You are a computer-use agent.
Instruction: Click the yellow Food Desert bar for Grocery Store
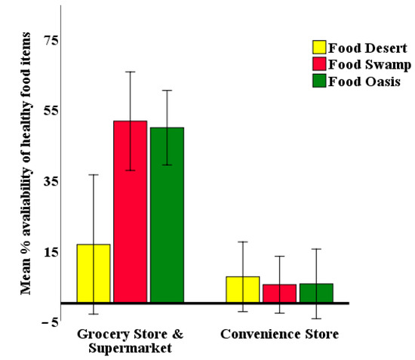94,273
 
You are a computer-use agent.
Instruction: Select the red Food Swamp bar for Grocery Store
130,212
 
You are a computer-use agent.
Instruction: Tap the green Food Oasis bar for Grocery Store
167,215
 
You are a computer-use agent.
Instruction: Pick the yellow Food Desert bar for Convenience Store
242,290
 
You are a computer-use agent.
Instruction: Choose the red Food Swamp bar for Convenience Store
279,294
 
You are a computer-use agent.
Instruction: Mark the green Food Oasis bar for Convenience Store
315,293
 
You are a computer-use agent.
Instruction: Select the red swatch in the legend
319,64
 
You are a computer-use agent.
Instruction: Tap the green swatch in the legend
319,82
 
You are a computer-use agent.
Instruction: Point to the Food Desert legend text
367,48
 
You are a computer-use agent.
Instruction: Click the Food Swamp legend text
369,64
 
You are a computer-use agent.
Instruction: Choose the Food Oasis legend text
364,82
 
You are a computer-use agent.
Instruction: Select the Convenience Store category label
279,333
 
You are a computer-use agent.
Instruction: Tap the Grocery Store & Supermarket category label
131,340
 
